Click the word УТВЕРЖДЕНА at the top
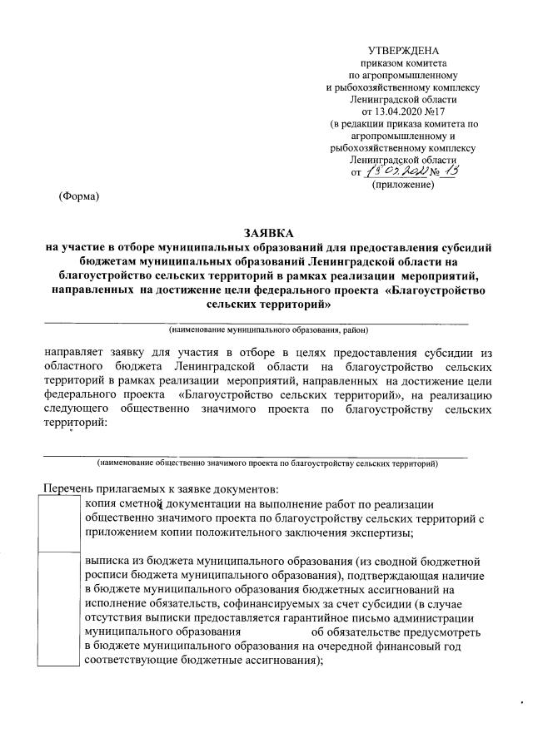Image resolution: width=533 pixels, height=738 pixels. [402, 52]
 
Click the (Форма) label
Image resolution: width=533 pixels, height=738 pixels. [78, 197]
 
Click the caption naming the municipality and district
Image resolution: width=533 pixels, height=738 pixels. [262, 329]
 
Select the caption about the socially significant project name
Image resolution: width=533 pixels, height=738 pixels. [267, 461]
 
